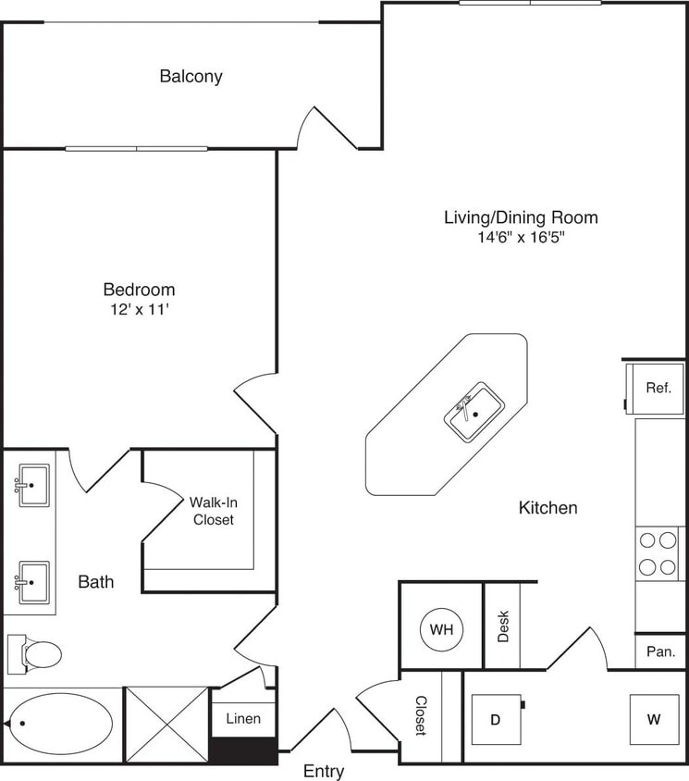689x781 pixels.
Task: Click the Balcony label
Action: click(x=191, y=76)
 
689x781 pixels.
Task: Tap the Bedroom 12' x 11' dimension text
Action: click(x=139, y=310)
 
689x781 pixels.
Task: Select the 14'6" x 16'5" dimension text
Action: click(x=520, y=238)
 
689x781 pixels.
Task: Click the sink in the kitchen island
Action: click(x=474, y=412)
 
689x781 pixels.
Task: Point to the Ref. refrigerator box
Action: click(x=658, y=388)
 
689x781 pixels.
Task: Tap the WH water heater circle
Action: click(x=441, y=630)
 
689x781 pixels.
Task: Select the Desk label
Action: click(x=503, y=628)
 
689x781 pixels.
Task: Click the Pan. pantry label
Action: click(x=660, y=651)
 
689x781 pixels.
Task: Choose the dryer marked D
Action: click(x=494, y=719)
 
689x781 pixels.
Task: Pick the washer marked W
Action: click(x=654, y=719)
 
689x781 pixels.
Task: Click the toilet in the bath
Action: click(x=35, y=652)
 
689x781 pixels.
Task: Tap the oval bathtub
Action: click(x=60, y=724)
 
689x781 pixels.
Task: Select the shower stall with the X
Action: click(x=166, y=724)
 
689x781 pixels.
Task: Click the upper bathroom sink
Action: click(x=33, y=483)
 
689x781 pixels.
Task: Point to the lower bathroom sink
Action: click(x=33, y=581)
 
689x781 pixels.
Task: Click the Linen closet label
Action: click(x=243, y=718)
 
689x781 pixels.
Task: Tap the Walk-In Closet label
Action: click(x=213, y=511)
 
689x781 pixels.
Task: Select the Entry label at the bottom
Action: click(x=324, y=771)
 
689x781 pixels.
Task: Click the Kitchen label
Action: click(x=548, y=507)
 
